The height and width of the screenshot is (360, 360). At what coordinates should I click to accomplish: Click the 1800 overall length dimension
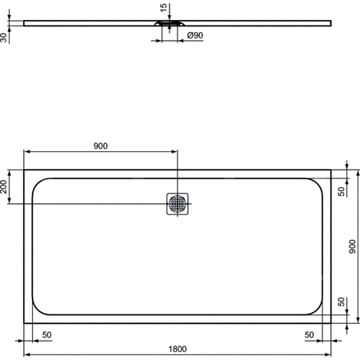[178, 348]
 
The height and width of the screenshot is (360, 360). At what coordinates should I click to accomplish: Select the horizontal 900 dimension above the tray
[100, 146]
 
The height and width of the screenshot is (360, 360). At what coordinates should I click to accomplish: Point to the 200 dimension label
[6, 188]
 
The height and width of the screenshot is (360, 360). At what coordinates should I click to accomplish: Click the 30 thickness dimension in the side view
[5, 36]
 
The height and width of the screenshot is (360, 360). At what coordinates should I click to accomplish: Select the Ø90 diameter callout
[194, 37]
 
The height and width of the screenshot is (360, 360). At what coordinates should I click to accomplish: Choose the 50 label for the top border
[341, 190]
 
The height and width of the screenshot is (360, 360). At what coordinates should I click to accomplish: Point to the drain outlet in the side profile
[168, 24]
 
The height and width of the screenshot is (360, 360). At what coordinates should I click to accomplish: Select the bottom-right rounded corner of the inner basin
[318, 306]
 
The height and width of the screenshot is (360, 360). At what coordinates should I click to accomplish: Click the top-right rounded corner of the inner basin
[318, 186]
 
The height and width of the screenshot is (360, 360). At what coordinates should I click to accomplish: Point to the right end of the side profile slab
[330, 22]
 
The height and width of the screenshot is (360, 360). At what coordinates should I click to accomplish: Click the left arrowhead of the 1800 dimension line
[26, 354]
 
